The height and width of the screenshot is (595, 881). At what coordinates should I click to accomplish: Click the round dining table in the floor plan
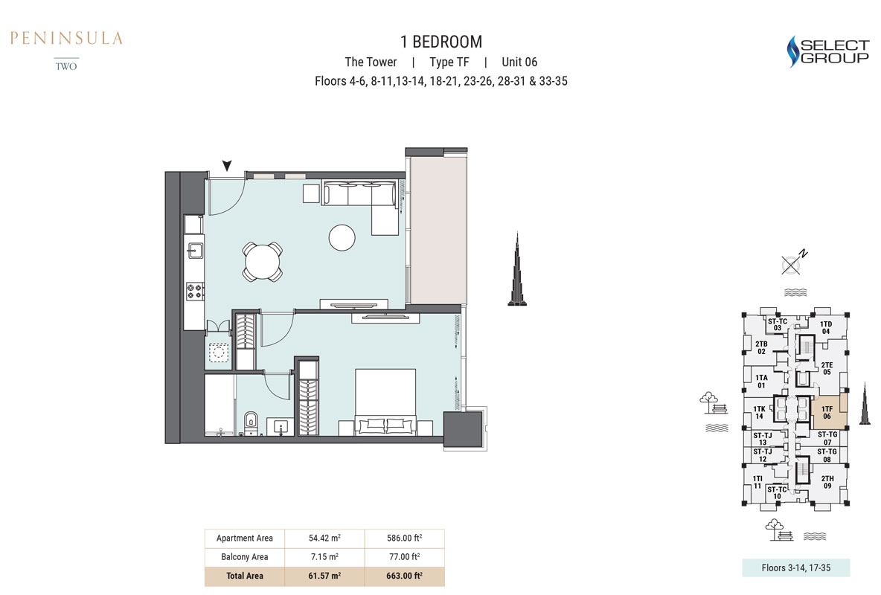(x=263, y=262)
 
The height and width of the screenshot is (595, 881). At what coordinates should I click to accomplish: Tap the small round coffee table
(x=342, y=238)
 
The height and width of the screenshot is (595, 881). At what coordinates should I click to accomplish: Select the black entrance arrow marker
(x=226, y=165)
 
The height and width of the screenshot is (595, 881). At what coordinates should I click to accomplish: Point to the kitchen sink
(x=195, y=250)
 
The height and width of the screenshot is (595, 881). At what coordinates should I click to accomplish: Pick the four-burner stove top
(x=195, y=291)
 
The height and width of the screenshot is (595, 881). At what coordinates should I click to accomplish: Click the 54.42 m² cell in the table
(x=324, y=538)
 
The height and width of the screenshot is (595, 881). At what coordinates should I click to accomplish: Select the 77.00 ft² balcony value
(x=404, y=557)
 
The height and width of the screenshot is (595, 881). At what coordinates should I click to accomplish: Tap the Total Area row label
(x=244, y=576)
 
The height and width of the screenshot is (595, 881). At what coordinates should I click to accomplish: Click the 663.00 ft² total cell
(x=404, y=576)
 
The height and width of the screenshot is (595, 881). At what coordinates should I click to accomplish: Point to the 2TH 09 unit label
(x=827, y=482)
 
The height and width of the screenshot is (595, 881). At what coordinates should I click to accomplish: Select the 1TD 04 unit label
(x=825, y=327)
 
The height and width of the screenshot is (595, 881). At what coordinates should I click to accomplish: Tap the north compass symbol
(x=793, y=263)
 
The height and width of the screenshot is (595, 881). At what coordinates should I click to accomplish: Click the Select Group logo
(x=827, y=51)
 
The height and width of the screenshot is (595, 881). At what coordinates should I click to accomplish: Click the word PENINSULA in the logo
(x=66, y=38)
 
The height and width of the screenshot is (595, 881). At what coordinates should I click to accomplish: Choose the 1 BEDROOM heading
(x=441, y=42)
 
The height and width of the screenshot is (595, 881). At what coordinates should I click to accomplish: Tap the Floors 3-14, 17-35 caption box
(x=795, y=567)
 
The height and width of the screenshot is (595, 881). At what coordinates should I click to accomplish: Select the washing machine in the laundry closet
(x=219, y=352)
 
